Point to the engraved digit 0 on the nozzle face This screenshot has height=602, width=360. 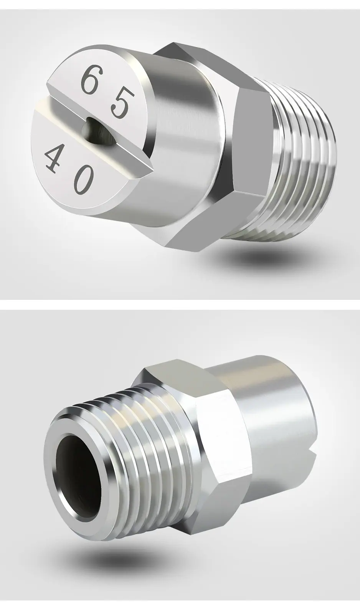point(84,181)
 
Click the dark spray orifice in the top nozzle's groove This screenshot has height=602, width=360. point(99,132)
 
